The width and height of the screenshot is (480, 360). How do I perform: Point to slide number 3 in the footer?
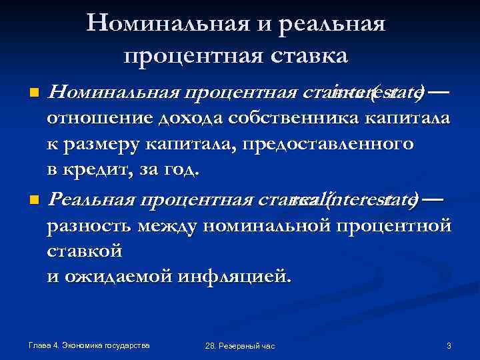tap(449, 345)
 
